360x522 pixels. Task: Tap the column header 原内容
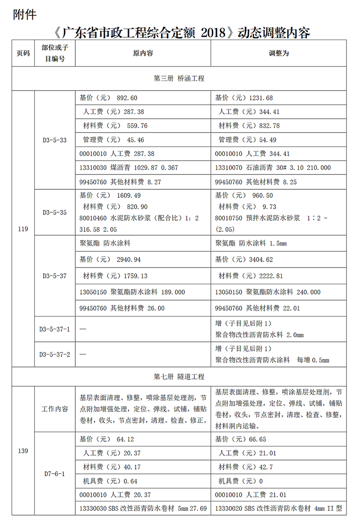pos(143,53)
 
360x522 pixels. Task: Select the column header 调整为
pos(279,53)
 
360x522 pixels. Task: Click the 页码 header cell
pos(23,53)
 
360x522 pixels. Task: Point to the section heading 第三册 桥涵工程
pos(179,79)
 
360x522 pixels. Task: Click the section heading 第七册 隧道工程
pos(179,376)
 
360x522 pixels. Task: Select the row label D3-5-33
pos(55,140)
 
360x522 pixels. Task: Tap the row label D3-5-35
pos(55,212)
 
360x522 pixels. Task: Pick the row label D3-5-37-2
pos(55,354)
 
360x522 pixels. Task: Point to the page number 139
pos(23,451)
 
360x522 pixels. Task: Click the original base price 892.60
pos(127,98)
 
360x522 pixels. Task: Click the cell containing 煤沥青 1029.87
pos(129,168)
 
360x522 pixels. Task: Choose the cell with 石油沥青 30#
pos(273,168)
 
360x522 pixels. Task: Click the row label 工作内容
pos(55,409)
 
